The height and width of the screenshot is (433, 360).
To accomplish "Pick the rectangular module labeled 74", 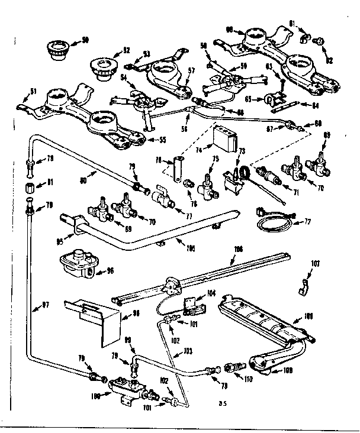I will point(226,140).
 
